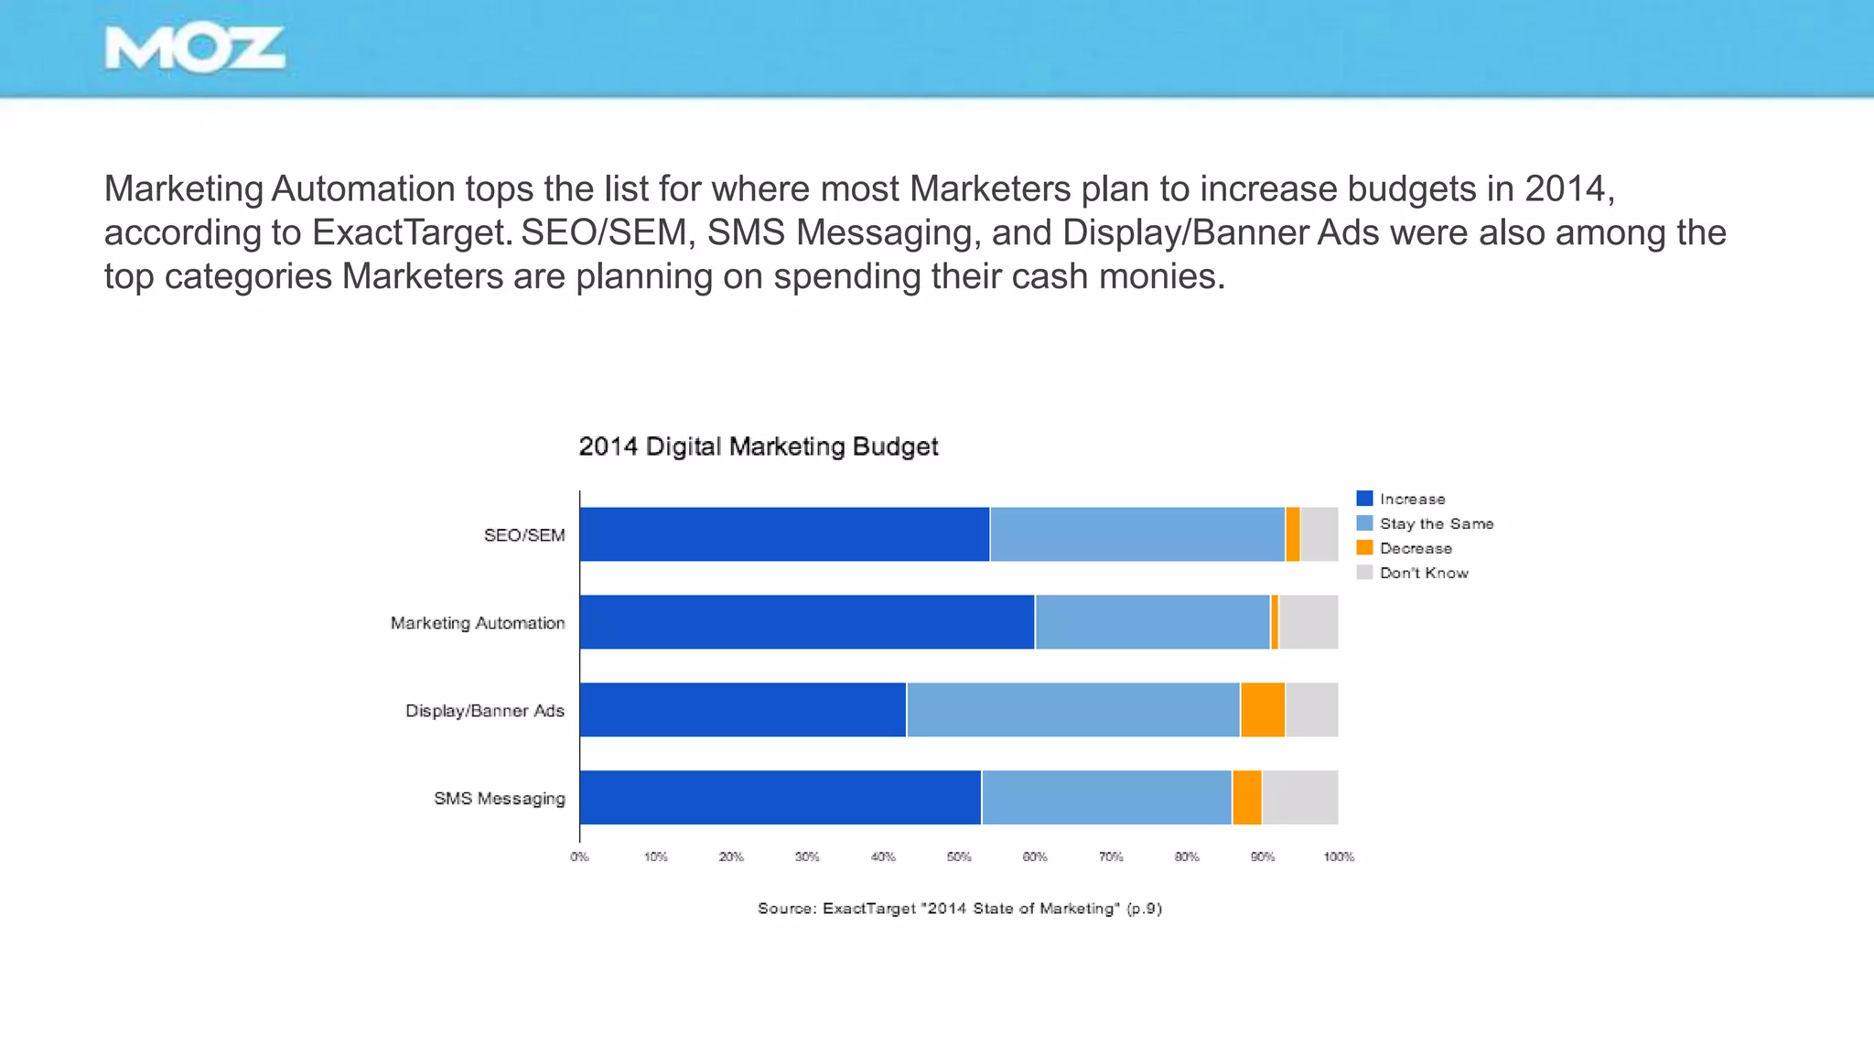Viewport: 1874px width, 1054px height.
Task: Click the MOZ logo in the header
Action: (x=195, y=49)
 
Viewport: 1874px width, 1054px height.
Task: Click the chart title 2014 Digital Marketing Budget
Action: (x=758, y=446)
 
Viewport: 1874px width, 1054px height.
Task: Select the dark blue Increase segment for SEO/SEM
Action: (x=784, y=534)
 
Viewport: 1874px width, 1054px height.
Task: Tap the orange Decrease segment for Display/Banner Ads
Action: (x=1263, y=710)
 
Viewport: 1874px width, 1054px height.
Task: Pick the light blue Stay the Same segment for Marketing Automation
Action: (x=1152, y=622)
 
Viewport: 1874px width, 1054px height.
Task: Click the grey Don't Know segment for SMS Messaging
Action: (x=1300, y=798)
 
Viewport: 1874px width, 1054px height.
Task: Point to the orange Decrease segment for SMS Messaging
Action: (x=1247, y=798)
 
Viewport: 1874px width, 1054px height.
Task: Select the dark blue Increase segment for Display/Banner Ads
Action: (x=742, y=710)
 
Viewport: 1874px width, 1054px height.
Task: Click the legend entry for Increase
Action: (x=1412, y=499)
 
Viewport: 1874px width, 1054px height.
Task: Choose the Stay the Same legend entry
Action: (x=1436, y=523)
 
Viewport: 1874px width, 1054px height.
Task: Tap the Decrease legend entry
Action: (x=1415, y=548)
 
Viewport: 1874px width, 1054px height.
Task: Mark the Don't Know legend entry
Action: (x=1423, y=573)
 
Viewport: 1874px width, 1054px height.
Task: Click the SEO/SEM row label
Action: (x=524, y=535)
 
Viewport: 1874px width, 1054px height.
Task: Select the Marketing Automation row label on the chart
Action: (x=478, y=623)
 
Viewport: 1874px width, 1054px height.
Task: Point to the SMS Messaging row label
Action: (x=500, y=799)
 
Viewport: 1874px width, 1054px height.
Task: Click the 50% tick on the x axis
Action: (x=959, y=857)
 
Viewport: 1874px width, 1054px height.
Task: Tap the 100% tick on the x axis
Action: (x=1339, y=857)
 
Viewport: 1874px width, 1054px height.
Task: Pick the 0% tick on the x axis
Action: (x=579, y=857)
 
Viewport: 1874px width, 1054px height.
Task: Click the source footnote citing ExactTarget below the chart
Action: (x=959, y=909)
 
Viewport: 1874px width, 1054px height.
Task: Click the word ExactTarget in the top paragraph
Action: (x=409, y=232)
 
